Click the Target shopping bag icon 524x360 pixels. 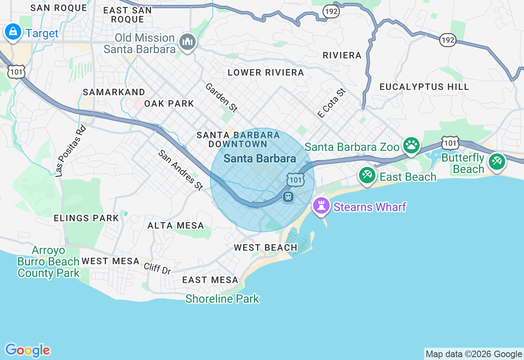tap(13, 32)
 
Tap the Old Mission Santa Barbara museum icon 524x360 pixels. tap(188, 41)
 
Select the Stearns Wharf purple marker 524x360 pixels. tap(321, 205)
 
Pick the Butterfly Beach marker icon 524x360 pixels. tap(497, 161)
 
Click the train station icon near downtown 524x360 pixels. tap(288, 197)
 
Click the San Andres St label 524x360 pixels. tap(181, 170)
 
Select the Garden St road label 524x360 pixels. tap(221, 97)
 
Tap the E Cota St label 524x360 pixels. tap(332, 103)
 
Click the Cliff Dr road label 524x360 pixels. tap(157, 268)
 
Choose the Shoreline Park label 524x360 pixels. tap(222, 299)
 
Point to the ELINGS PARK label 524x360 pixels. tap(86, 218)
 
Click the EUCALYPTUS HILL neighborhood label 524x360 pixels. tap(424, 87)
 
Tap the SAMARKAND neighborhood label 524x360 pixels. tap(114, 92)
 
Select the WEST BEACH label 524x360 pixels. tap(265, 248)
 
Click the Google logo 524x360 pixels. tap(27, 350)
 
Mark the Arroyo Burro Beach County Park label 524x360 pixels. tap(48, 262)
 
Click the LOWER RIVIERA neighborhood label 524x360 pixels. tap(266, 73)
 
